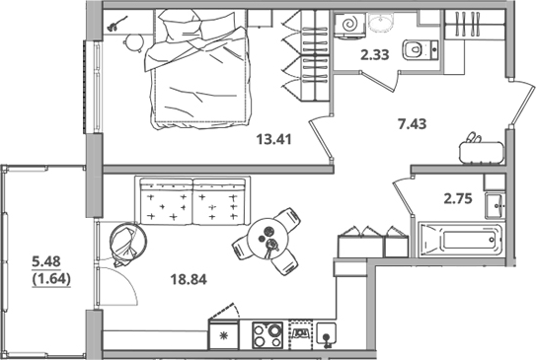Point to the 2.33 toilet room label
click(373, 55)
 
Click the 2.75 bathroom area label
click(458, 199)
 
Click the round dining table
click(266, 237)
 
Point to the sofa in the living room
click(191, 201)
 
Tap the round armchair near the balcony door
click(125, 244)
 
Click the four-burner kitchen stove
click(266, 335)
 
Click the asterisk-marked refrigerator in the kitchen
click(223, 335)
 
